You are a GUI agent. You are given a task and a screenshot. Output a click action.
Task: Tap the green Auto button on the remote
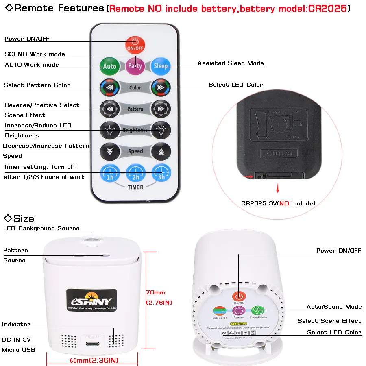[x=109, y=65]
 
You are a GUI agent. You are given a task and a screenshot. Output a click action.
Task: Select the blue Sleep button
[x=161, y=65]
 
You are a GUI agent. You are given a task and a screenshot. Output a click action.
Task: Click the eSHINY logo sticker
[x=92, y=301]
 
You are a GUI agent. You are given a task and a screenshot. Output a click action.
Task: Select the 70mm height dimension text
[x=156, y=292]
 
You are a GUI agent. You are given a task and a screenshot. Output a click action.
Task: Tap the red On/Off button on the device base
[x=239, y=296]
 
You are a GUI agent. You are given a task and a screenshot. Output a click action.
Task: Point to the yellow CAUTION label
[x=238, y=324]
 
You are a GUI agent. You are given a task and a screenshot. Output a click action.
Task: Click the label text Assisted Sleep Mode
[x=231, y=63]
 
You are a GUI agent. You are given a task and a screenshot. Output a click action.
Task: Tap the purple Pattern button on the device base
[x=238, y=311]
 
